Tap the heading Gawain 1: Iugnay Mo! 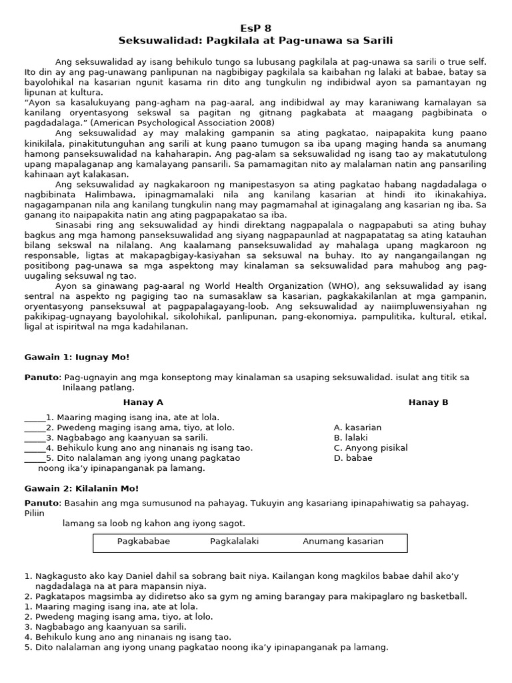(x=77, y=358)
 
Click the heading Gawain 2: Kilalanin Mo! (x=81, y=488)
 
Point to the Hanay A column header (x=143, y=402)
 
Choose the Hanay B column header (x=428, y=402)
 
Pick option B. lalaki (x=351, y=438)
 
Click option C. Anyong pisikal (x=371, y=448)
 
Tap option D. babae (x=353, y=458)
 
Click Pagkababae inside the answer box (x=143, y=541)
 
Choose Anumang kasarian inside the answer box (x=343, y=541)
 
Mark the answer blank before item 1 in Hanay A (x=35, y=418)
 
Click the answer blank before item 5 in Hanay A (x=35, y=458)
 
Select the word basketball (x=442, y=596)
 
